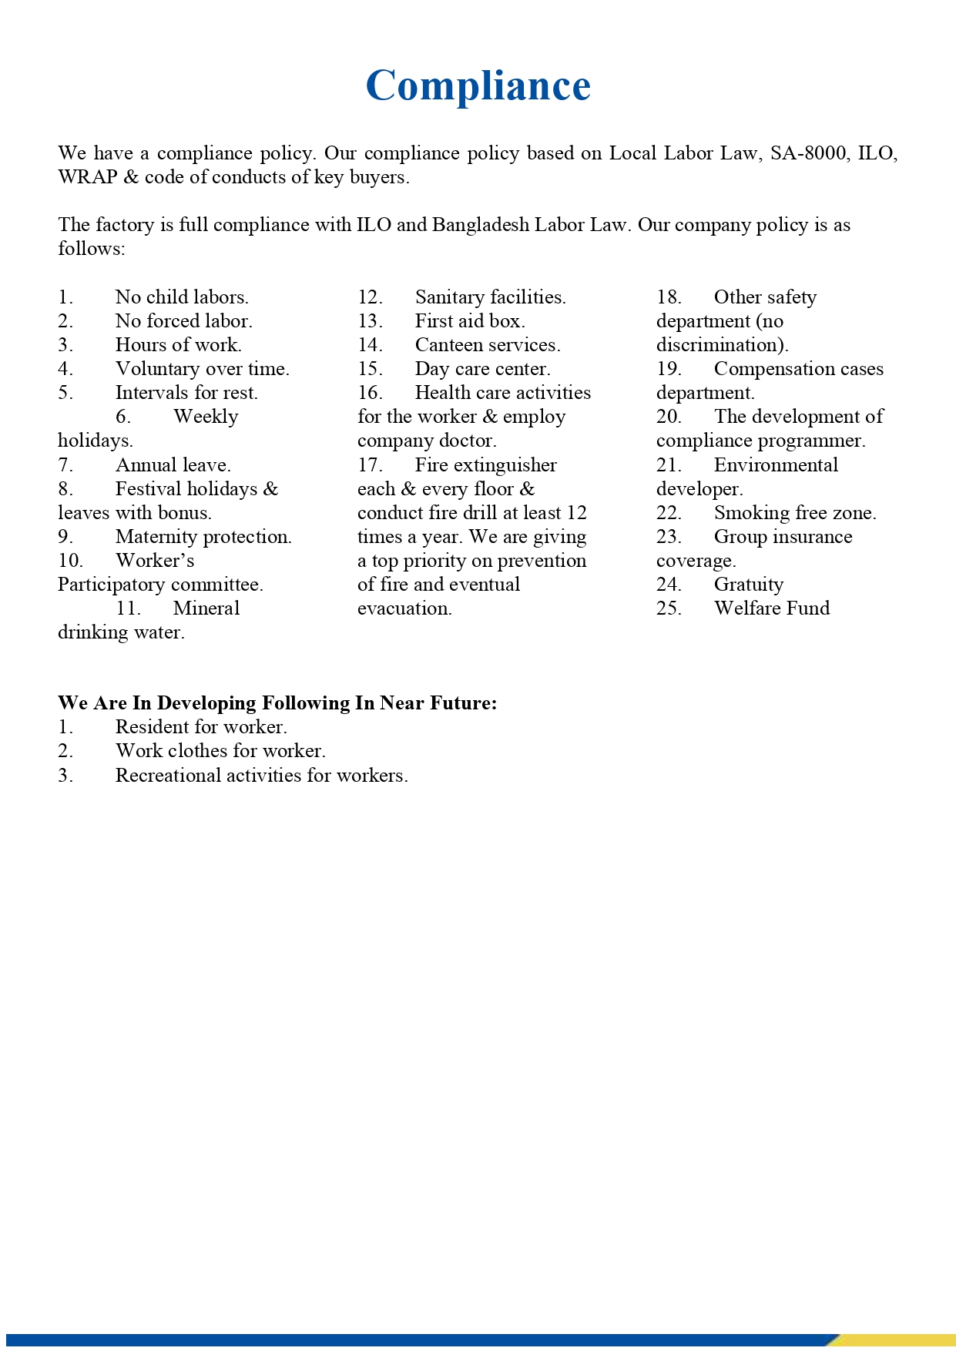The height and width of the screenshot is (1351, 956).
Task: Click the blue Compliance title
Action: pyautogui.click(x=478, y=85)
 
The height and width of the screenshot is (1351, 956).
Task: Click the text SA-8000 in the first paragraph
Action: pyautogui.click(x=807, y=153)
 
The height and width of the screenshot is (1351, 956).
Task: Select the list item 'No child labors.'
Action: pyautogui.click(x=182, y=297)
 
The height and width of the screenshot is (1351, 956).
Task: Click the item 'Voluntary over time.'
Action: pyautogui.click(x=203, y=369)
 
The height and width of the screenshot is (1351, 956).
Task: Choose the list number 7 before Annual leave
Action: pyautogui.click(x=65, y=465)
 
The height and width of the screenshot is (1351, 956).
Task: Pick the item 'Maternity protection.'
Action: pyautogui.click(x=203, y=537)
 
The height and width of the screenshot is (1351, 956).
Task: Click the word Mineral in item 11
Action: pyautogui.click(x=206, y=608)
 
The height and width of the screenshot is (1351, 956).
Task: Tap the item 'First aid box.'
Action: pyautogui.click(x=470, y=321)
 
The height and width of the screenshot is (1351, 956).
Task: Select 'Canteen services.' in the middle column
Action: pyautogui.click(x=488, y=345)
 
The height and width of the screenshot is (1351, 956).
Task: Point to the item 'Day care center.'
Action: pyautogui.click(x=482, y=369)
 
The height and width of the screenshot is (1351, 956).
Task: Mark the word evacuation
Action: pyautogui.click(x=404, y=608)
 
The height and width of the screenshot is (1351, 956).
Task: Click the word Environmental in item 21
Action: pyautogui.click(x=776, y=465)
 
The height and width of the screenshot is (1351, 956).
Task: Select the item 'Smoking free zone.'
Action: pyautogui.click(x=795, y=513)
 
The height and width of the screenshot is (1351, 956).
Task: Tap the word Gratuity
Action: pyautogui.click(x=749, y=585)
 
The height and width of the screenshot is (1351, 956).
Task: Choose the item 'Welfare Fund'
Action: pyautogui.click(x=772, y=608)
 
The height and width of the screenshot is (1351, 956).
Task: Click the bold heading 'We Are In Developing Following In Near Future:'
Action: pyautogui.click(x=277, y=703)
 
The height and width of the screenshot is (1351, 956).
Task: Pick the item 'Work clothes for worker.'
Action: pyautogui.click(x=220, y=751)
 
